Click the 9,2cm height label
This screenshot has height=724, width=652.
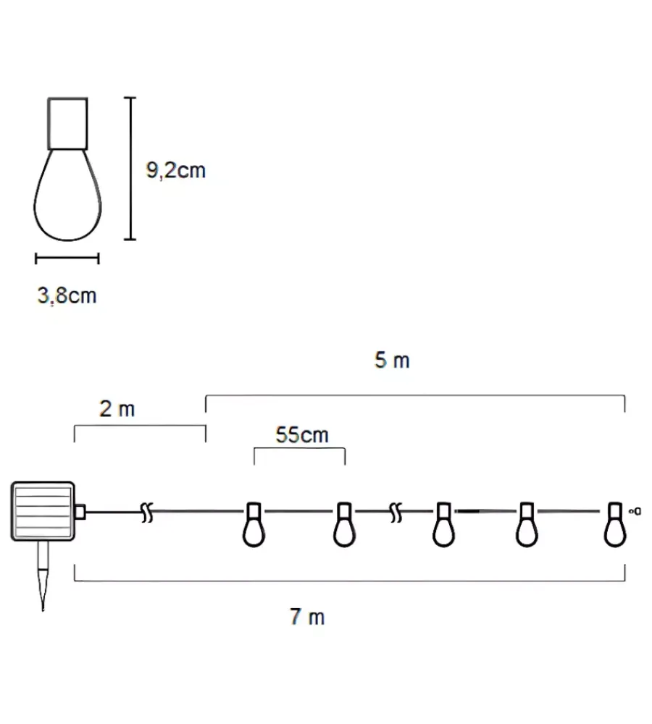click(x=175, y=170)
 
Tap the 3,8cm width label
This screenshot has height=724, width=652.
click(x=67, y=295)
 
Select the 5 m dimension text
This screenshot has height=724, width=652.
click(x=392, y=360)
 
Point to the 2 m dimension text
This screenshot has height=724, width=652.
click(x=117, y=408)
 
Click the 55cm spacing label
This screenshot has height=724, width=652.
click(x=302, y=435)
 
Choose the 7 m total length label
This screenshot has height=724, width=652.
click(x=307, y=617)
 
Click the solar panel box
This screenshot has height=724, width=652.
click(x=43, y=511)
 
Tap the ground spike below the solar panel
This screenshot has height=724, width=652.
click(x=43, y=576)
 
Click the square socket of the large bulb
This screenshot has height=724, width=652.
click(x=67, y=123)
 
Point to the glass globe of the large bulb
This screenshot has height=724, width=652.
click(x=67, y=195)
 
